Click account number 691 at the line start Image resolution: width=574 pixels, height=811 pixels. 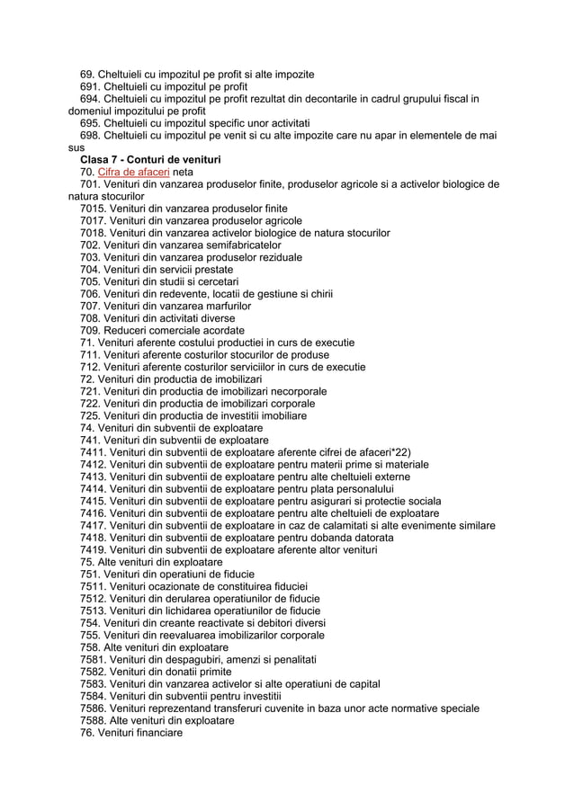point(89,85)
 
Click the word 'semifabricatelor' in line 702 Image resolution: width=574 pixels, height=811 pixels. point(240,245)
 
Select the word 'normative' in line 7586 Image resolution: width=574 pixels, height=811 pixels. point(398,709)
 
